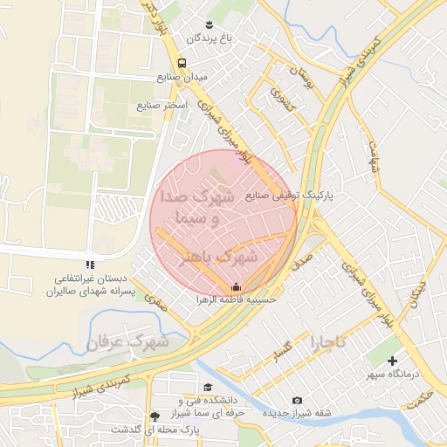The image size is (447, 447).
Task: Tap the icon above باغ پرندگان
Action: click(x=209, y=23)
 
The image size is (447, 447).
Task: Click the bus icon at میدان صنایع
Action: click(x=182, y=63)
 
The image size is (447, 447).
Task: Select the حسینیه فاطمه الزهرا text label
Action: click(x=236, y=299)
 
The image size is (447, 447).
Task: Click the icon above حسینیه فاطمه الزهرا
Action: click(x=236, y=285)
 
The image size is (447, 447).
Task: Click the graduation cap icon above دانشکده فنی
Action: click(x=208, y=387)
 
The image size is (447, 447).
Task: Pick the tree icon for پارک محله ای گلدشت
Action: click(x=155, y=416)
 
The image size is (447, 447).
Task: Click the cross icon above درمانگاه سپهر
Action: click(x=392, y=361)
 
